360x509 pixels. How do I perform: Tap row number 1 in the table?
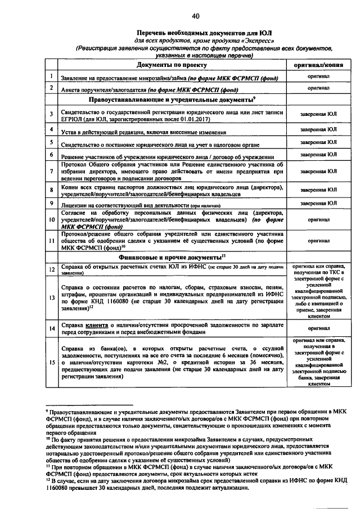click(x=51, y=76)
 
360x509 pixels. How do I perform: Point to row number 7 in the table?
click(x=51, y=171)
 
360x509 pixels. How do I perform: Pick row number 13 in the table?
click(x=51, y=297)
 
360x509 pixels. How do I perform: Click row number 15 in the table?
click(x=51, y=363)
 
